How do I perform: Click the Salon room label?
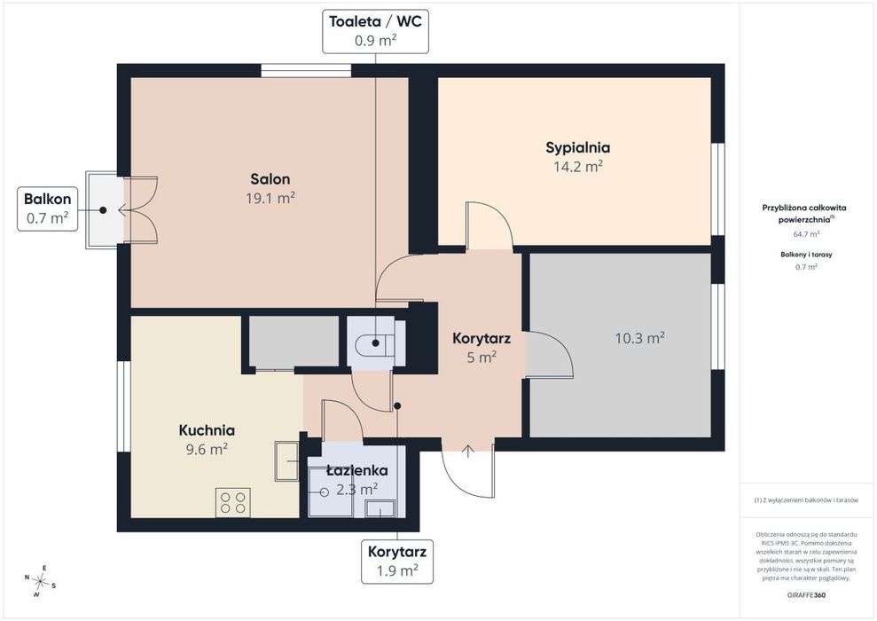coord(270,179)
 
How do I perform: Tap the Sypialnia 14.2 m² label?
coord(578,157)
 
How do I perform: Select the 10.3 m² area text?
coord(640,338)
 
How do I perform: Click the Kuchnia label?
coord(207,430)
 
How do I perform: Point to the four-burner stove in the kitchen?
coord(233,502)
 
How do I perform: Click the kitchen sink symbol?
coord(287,461)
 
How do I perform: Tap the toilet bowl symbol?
coord(371,343)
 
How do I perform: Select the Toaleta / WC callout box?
coord(375,31)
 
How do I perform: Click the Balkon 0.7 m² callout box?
coord(48,208)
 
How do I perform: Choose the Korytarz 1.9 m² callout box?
coord(397,562)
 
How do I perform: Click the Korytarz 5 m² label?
coord(481,348)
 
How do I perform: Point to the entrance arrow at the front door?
coord(467,452)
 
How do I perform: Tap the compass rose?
coord(40,582)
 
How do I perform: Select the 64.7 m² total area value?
coord(806,234)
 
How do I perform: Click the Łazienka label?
coord(356,470)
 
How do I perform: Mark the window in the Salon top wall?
coord(306,70)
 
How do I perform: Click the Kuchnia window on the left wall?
coord(123,406)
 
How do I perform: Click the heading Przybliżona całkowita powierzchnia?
coord(804,213)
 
